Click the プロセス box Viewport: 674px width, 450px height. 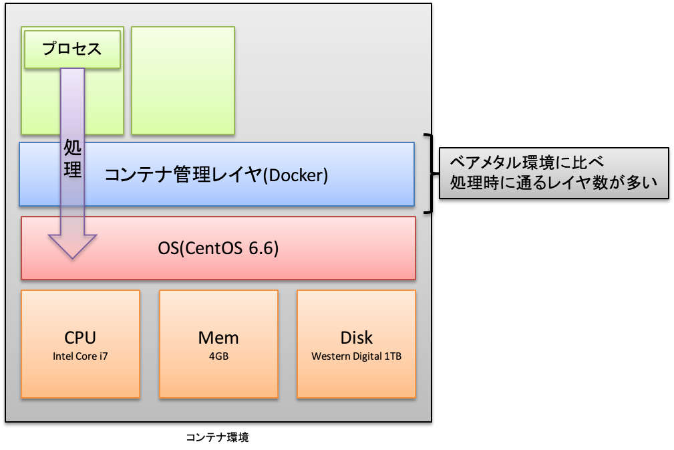pyautogui.click(x=72, y=49)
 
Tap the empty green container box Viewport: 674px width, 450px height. pyautogui.click(x=182, y=80)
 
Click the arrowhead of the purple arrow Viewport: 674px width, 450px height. pyautogui.click(x=72, y=247)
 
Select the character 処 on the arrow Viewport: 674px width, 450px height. pyautogui.click(x=72, y=148)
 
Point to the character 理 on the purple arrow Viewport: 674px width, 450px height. pyautogui.click(x=72, y=168)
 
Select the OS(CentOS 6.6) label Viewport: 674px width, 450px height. pyautogui.click(x=218, y=248)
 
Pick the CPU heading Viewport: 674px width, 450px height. pyautogui.click(x=80, y=338)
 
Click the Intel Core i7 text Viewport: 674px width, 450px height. pyautogui.click(x=80, y=356)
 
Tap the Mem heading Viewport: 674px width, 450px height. pyautogui.click(x=218, y=338)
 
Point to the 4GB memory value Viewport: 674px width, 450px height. pyautogui.click(x=219, y=356)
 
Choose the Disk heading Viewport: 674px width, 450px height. pyautogui.click(x=356, y=338)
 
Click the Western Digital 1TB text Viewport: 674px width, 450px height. pyautogui.click(x=356, y=356)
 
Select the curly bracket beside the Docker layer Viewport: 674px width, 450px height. pyautogui.click(x=431, y=173)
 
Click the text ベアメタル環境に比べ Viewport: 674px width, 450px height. pyautogui.click(x=526, y=162)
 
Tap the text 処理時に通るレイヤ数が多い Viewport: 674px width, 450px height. pyautogui.click(x=554, y=183)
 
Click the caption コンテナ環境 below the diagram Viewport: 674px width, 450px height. pyautogui.click(x=217, y=437)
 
